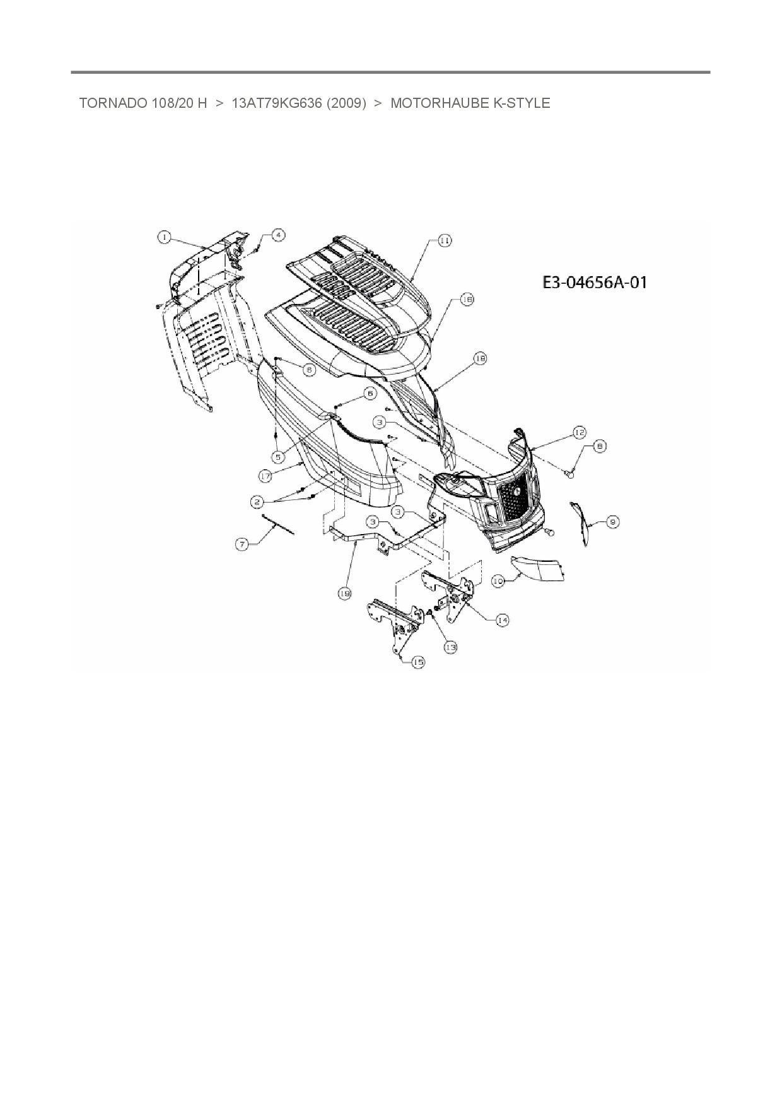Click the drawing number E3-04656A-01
pyautogui.click(x=595, y=282)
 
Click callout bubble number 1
pyautogui.click(x=164, y=237)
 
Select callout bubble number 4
pyautogui.click(x=277, y=235)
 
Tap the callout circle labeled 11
pyautogui.click(x=445, y=240)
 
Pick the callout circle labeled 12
pyautogui.click(x=579, y=433)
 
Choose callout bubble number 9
pyautogui.click(x=612, y=521)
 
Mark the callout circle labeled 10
pyautogui.click(x=498, y=581)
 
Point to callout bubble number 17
pyautogui.click(x=266, y=475)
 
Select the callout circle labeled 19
pyautogui.click(x=344, y=593)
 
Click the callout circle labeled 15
pyautogui.click(x=418, y=662)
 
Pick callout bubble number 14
pyautogui.click(x=502, y=620)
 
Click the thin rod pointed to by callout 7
pyautogui.click(x=278, y=525)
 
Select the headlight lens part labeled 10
pyautogui.click(x=537, y=569)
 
